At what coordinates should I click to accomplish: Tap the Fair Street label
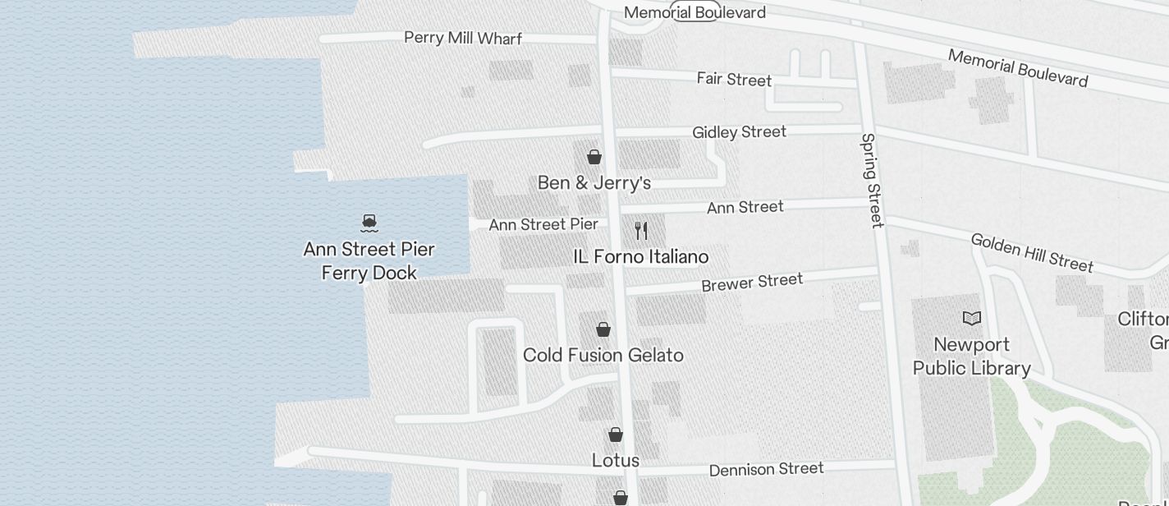point(734,79)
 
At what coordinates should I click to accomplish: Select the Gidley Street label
point(739,132)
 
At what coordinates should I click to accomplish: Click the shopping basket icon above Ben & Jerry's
point(594,156)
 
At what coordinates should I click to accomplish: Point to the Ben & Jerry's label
point(594,182)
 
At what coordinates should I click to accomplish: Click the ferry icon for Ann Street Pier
point(369,222)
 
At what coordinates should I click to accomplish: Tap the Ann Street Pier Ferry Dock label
point(369,260)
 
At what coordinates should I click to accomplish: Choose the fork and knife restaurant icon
point(641,231)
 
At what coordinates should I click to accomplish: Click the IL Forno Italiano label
point(640,257)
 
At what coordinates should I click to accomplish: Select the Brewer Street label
point(751,283)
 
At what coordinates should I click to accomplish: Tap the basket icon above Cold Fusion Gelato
point(603,329)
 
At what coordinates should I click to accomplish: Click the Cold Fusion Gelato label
point(603,355)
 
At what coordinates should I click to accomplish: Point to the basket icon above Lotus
point(616,435)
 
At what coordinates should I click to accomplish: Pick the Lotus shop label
point(616,460)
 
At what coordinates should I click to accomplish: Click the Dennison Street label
point(766,469)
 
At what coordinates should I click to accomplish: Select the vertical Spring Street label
point(872,181)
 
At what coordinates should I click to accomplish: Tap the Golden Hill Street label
point(1032,252)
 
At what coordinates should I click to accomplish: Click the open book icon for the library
point(972,319)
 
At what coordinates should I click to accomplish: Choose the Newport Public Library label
point(972,356)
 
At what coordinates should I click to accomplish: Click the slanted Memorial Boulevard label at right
point(1018,67)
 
